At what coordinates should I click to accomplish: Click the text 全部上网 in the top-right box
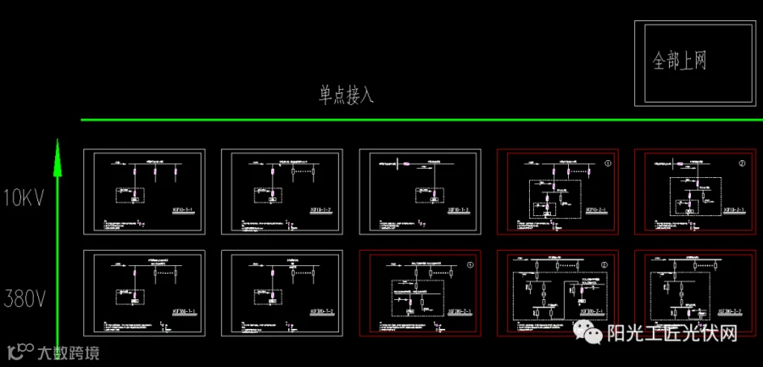[679, 61]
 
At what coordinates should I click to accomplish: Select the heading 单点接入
[346, 94]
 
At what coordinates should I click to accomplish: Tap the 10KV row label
[22, 198]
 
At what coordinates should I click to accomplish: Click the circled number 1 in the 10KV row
[607, 161]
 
